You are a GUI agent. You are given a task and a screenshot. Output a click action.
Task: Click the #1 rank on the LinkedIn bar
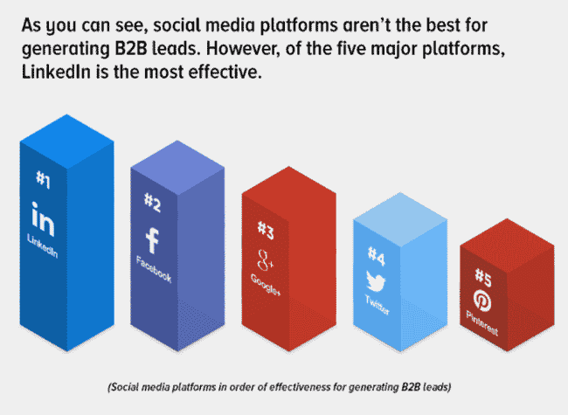[x=43, y=179]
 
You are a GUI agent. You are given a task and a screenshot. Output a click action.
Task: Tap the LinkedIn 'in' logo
[x=43, y=219]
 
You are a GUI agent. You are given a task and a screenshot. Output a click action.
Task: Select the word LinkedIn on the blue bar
[x=43, y=246]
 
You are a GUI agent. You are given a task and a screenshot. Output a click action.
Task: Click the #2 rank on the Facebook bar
[x=153, y=203]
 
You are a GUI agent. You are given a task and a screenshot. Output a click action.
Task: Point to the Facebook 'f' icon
[x=152, y=240]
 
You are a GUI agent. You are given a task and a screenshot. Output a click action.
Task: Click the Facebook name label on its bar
[x=154, y=269]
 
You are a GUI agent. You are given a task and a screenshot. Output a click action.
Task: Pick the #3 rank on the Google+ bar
[x=266, y=231]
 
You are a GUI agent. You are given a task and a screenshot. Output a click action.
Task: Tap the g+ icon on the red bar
[x=265, y=260]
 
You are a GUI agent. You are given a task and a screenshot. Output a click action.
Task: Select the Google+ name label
[x=266, y=284]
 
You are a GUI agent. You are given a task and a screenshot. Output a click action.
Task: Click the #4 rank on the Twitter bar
[x=377, y=256]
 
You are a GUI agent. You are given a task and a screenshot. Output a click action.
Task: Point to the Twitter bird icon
[x=376, y=281]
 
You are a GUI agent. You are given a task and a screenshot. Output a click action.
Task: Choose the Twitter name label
[x=378, y=305]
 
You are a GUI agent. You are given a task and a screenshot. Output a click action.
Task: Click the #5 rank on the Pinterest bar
[x=483, y=277]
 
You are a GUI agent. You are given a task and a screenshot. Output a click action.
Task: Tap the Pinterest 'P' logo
[x=482, y=301]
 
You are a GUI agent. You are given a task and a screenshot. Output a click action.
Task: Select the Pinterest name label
[x=482, y=323]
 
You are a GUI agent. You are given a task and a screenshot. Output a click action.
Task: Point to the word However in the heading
[x=244, y=49]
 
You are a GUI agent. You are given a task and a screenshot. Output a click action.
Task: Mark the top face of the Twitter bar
[x=400, y=219]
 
